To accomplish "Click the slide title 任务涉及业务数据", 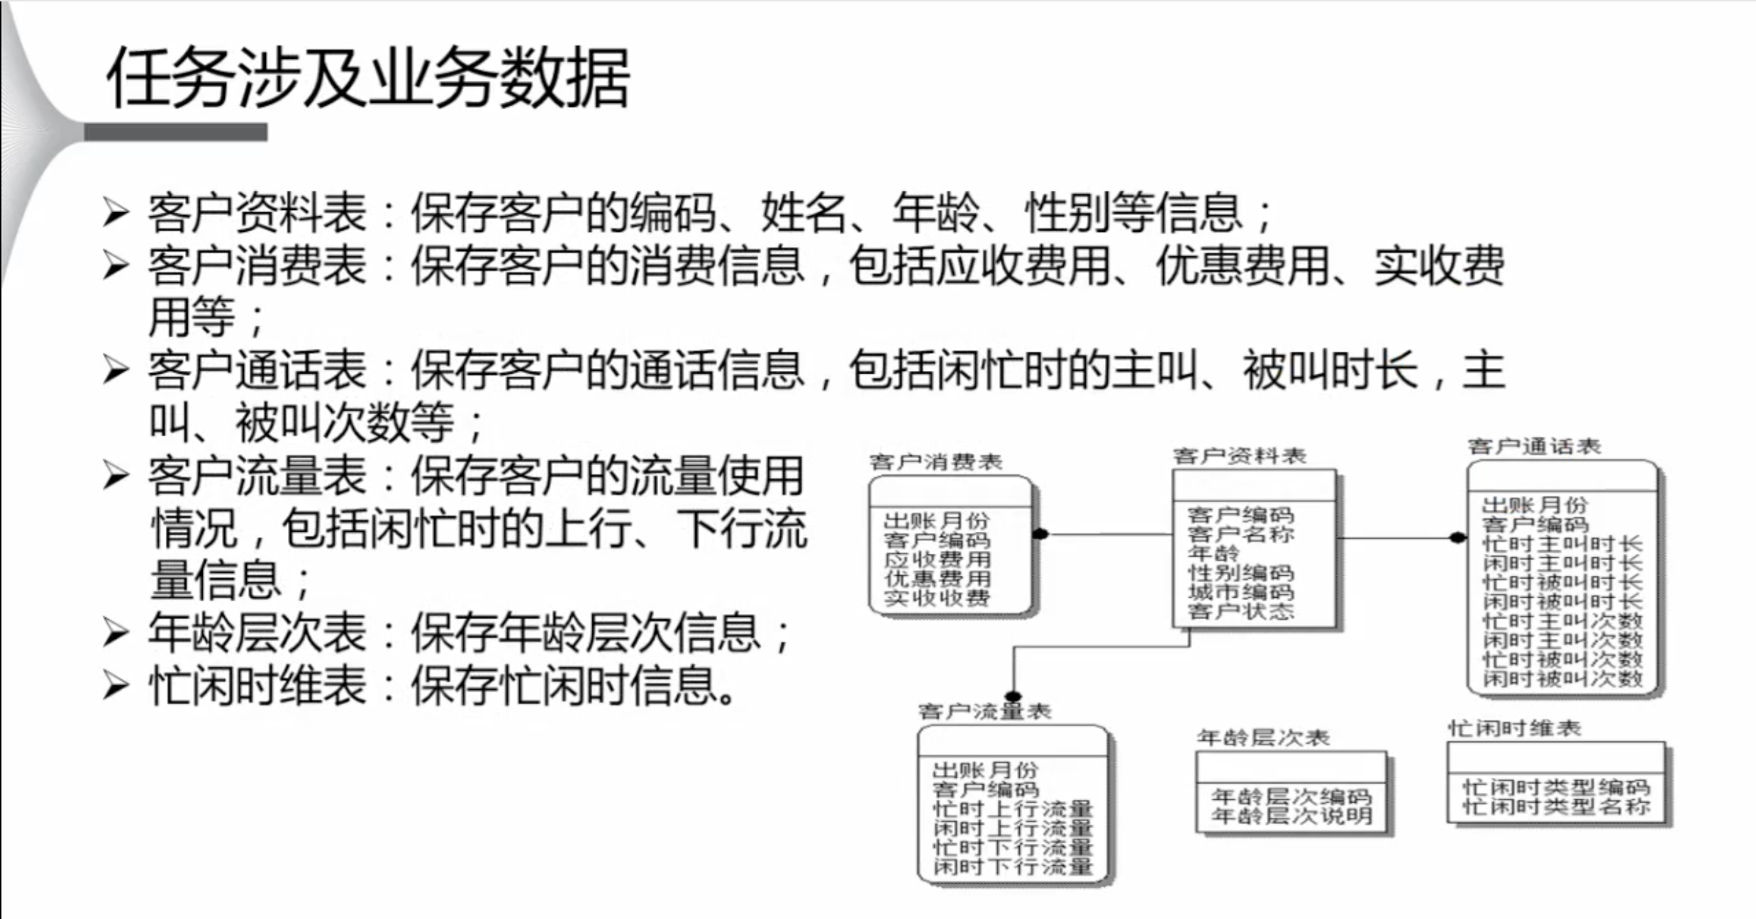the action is point(367,78).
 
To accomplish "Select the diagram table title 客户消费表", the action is point(935,462).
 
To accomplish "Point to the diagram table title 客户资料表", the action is point(1239,456).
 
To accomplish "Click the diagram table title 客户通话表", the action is point(1534,446).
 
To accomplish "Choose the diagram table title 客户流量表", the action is point(984,711).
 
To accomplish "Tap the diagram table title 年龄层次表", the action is point(1263,737).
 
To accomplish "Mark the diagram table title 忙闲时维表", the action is point(1514,728).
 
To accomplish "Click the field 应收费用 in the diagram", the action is point(937,559).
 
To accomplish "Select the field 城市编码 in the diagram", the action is point(1240,591).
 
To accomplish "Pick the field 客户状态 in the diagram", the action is point(1240,611).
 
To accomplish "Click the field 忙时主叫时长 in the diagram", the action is point(1562,544).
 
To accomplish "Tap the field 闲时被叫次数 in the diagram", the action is point(1562,679).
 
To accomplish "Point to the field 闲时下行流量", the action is point(1013,866).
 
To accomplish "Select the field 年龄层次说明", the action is point(1291,816).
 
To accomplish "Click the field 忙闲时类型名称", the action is point(1556,806).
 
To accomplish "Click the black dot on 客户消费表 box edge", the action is point(1040,533).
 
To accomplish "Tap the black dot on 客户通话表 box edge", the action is point(1457,538).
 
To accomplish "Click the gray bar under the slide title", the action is point(175,132).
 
